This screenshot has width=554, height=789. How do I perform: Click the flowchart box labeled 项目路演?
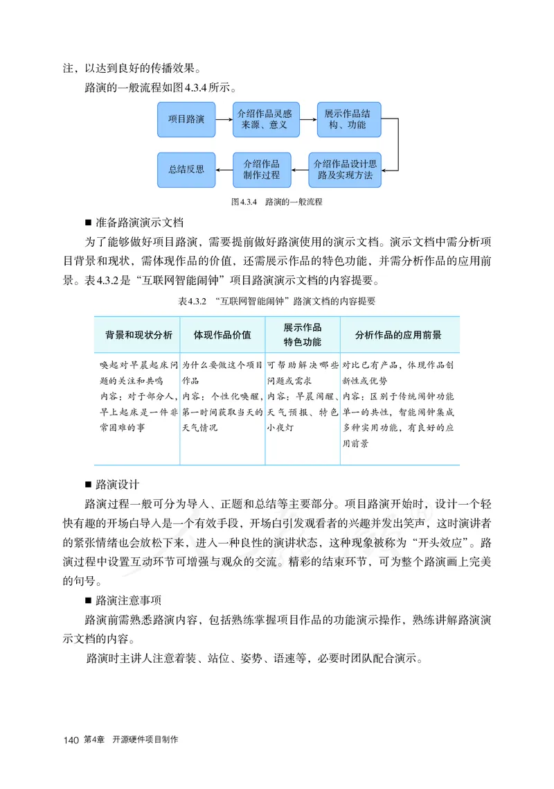pos(186,119)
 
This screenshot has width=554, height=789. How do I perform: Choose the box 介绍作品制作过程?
pos(261,170)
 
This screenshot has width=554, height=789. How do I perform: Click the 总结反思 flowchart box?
pos(186,170)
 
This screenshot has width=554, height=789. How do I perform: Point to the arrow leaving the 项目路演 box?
pos(224,119)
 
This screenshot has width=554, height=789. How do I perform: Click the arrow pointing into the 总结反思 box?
pos(224,170)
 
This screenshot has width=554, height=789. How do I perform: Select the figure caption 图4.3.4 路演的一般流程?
pos(277,202)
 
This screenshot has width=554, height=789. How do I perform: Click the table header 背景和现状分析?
pos(138,334)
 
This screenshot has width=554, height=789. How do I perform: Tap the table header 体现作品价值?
pos(222,334)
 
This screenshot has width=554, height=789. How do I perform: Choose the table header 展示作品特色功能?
pos(303,334)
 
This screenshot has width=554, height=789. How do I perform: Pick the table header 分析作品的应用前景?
pos(398,334)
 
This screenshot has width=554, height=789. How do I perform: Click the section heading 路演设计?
pos(120,484)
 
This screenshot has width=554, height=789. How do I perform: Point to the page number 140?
pos(71,741)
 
